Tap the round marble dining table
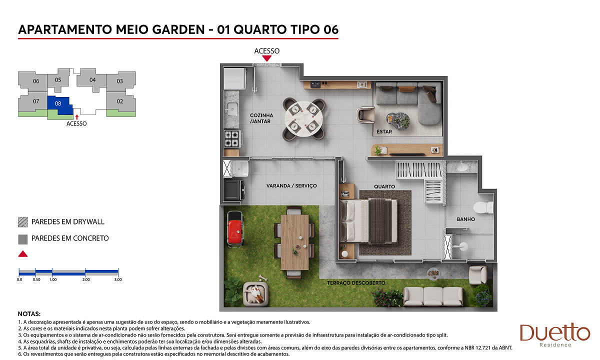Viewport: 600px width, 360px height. point(304,118)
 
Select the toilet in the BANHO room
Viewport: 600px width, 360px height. point(483,207)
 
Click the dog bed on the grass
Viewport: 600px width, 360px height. point(256,294)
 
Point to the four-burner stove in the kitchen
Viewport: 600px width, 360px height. point(232,138)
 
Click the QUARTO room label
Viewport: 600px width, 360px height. point(384,186)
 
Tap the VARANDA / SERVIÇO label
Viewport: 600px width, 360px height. point(291,185)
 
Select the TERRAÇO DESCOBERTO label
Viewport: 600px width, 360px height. point(356,283)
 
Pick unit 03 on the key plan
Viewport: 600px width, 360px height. point(119,81)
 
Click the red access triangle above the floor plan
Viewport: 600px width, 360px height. point(267,58)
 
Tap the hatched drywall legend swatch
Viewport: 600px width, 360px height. point(23,222)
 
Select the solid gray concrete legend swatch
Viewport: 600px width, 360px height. point(23,239)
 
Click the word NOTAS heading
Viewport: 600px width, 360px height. point(29,314)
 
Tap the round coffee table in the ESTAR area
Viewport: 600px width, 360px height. point(398,121)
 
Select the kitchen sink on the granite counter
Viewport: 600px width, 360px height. point(231,109)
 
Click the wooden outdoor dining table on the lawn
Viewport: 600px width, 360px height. point(294,242)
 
